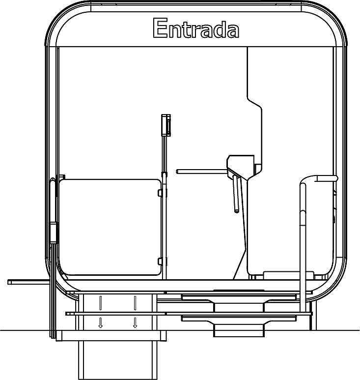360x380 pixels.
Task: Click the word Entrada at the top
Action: click(x=196, y=29)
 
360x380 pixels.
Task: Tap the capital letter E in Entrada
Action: click(x=160, y=29)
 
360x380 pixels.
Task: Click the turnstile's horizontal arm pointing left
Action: click(x=201, y=172)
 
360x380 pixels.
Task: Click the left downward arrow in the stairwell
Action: click(x=101, y=322)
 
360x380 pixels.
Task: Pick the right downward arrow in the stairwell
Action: click(x=135, y=322)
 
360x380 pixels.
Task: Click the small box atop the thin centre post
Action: click(x=166, y=124)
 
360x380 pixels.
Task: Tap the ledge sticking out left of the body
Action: click(x=28, y=282)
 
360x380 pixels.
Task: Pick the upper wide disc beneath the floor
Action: click(x=239, y=296)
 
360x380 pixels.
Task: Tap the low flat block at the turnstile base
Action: click(x=282, y=274)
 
